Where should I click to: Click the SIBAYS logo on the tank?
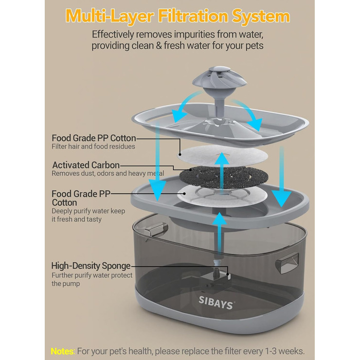pyautogui.click(x=215, y=302)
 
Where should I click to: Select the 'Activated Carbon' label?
pyautogui.click(x=86, y=165)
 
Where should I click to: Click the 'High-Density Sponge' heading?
pyautogui.click(x=91, y=266)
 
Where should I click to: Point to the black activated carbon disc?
pyautogui.click(x=224, y=177)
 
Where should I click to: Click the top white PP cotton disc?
pyautogui.click(x=223, y=155)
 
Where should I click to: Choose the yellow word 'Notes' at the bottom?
pyautogui.click(x=62, y=351)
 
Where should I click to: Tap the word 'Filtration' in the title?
pyautogui.click(x=193, y=16)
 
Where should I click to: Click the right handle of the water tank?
pyautogui.click(x=287, y=263)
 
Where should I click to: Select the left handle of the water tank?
pyautogui.click(x=156, y=229)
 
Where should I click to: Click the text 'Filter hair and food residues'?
pyautogui.click(x=93, y=147)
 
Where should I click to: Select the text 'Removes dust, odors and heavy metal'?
pyautogui.click(x=108, y=173)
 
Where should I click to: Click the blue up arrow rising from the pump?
pyautogui.click(x=220, y=233)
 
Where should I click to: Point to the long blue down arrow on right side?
pyautogui.click(x=282, y=177)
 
